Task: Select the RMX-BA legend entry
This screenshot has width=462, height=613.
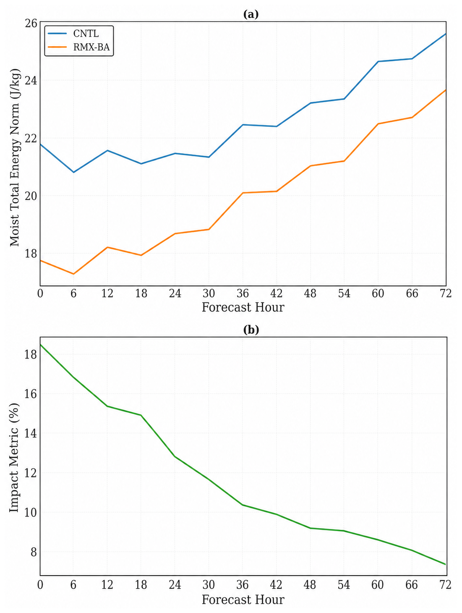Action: [78, 47]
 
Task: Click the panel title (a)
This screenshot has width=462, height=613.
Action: [251, 14]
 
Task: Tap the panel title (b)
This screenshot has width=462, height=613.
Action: [251, 330]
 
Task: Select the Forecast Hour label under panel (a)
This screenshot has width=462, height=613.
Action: [243, 307]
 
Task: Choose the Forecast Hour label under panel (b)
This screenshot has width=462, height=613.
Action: [243, 599]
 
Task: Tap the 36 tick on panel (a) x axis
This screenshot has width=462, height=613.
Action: [243, 293]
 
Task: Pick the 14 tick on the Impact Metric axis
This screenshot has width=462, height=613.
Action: [31, 433]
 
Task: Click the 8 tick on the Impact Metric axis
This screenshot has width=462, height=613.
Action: [34, 552]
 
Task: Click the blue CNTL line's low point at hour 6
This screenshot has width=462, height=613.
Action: [74, 172]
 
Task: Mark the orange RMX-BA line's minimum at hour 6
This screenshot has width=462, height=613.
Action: [74, 274]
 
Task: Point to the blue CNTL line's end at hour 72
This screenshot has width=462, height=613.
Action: [446, 34]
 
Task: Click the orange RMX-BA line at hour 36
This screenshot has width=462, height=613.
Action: [243, 193]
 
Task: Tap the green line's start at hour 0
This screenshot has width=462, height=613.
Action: [40, 345]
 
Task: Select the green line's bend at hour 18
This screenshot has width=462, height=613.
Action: [141, 415]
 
